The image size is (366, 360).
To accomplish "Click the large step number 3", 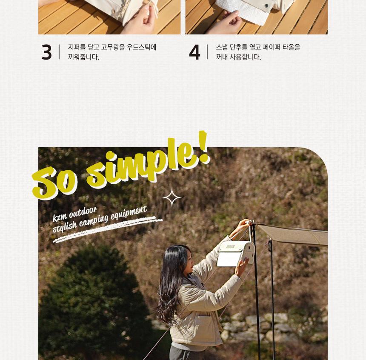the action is [47, 52].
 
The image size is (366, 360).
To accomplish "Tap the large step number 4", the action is [194, 52].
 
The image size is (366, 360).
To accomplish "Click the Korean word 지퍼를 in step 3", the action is [77, 47].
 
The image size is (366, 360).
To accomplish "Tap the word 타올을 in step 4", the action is [291, 47].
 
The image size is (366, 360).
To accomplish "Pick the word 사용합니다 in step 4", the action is [245, 57].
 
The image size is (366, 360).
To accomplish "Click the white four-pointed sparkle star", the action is [172, 197].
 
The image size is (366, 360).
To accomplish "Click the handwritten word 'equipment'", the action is [129, 212].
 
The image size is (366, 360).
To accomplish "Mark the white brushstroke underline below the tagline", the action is [108, 229].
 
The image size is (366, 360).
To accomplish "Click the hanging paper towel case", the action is [236, 254].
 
